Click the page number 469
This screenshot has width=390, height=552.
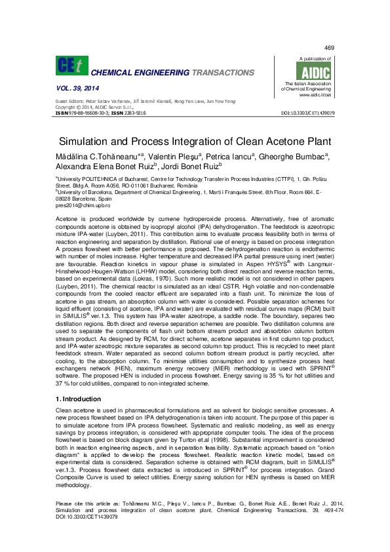330,48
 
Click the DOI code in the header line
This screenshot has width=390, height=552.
308,113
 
